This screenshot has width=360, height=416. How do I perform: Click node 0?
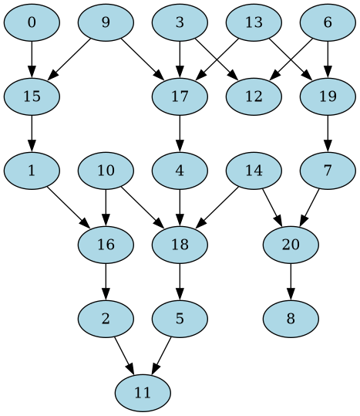(32, 22)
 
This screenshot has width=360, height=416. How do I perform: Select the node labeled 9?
(106, 22)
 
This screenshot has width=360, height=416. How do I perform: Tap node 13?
(254, 22)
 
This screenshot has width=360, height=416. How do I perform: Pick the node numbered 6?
(328, 22)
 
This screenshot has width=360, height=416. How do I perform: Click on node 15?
(32, 96)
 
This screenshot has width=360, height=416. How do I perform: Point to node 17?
(180, 96)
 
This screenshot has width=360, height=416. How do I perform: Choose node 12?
(254, 96)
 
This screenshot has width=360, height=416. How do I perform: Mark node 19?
(328, 96)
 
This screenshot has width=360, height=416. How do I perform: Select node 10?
(106, 171)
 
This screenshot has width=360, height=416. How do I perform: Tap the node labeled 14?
(254, 171)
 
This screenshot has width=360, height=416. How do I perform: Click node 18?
(180, 245)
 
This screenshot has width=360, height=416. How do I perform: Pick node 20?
(291, 245)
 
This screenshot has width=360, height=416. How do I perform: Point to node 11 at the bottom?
(143, 393)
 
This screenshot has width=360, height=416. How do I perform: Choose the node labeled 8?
(291, 319)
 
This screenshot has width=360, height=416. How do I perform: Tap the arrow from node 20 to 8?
(291, 281)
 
